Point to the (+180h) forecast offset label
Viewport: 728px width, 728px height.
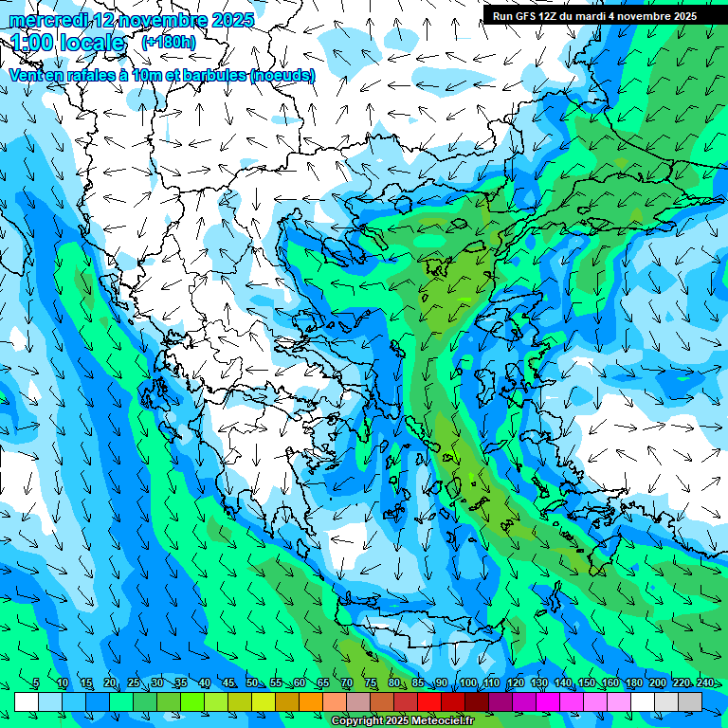coord(168,42)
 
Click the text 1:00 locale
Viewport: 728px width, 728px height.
coord(67,43)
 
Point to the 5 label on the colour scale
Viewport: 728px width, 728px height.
coord(35,683)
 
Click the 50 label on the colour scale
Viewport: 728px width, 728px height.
coord(252,683)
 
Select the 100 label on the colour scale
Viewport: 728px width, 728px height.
coord(467,683)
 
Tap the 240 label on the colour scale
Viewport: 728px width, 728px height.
coord(704,683)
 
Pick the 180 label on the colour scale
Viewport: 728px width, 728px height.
coord(633,683)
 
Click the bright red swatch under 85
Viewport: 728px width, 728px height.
coord(429,701)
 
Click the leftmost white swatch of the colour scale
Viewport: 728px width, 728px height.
coord(27,701)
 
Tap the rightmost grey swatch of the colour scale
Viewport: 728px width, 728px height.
coord(690,701)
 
